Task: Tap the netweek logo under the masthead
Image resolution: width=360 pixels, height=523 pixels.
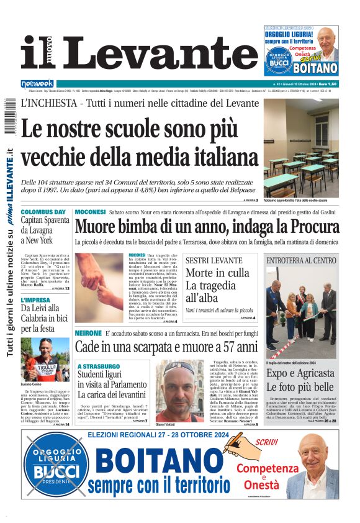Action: coord(37,83)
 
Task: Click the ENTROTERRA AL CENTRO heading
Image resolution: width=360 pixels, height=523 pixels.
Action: coord(301,261)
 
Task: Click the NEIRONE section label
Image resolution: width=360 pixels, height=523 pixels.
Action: coord(88,334)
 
